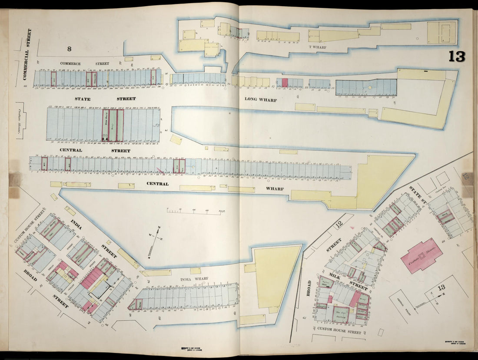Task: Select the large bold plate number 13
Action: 457,56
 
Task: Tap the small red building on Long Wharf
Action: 285,83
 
